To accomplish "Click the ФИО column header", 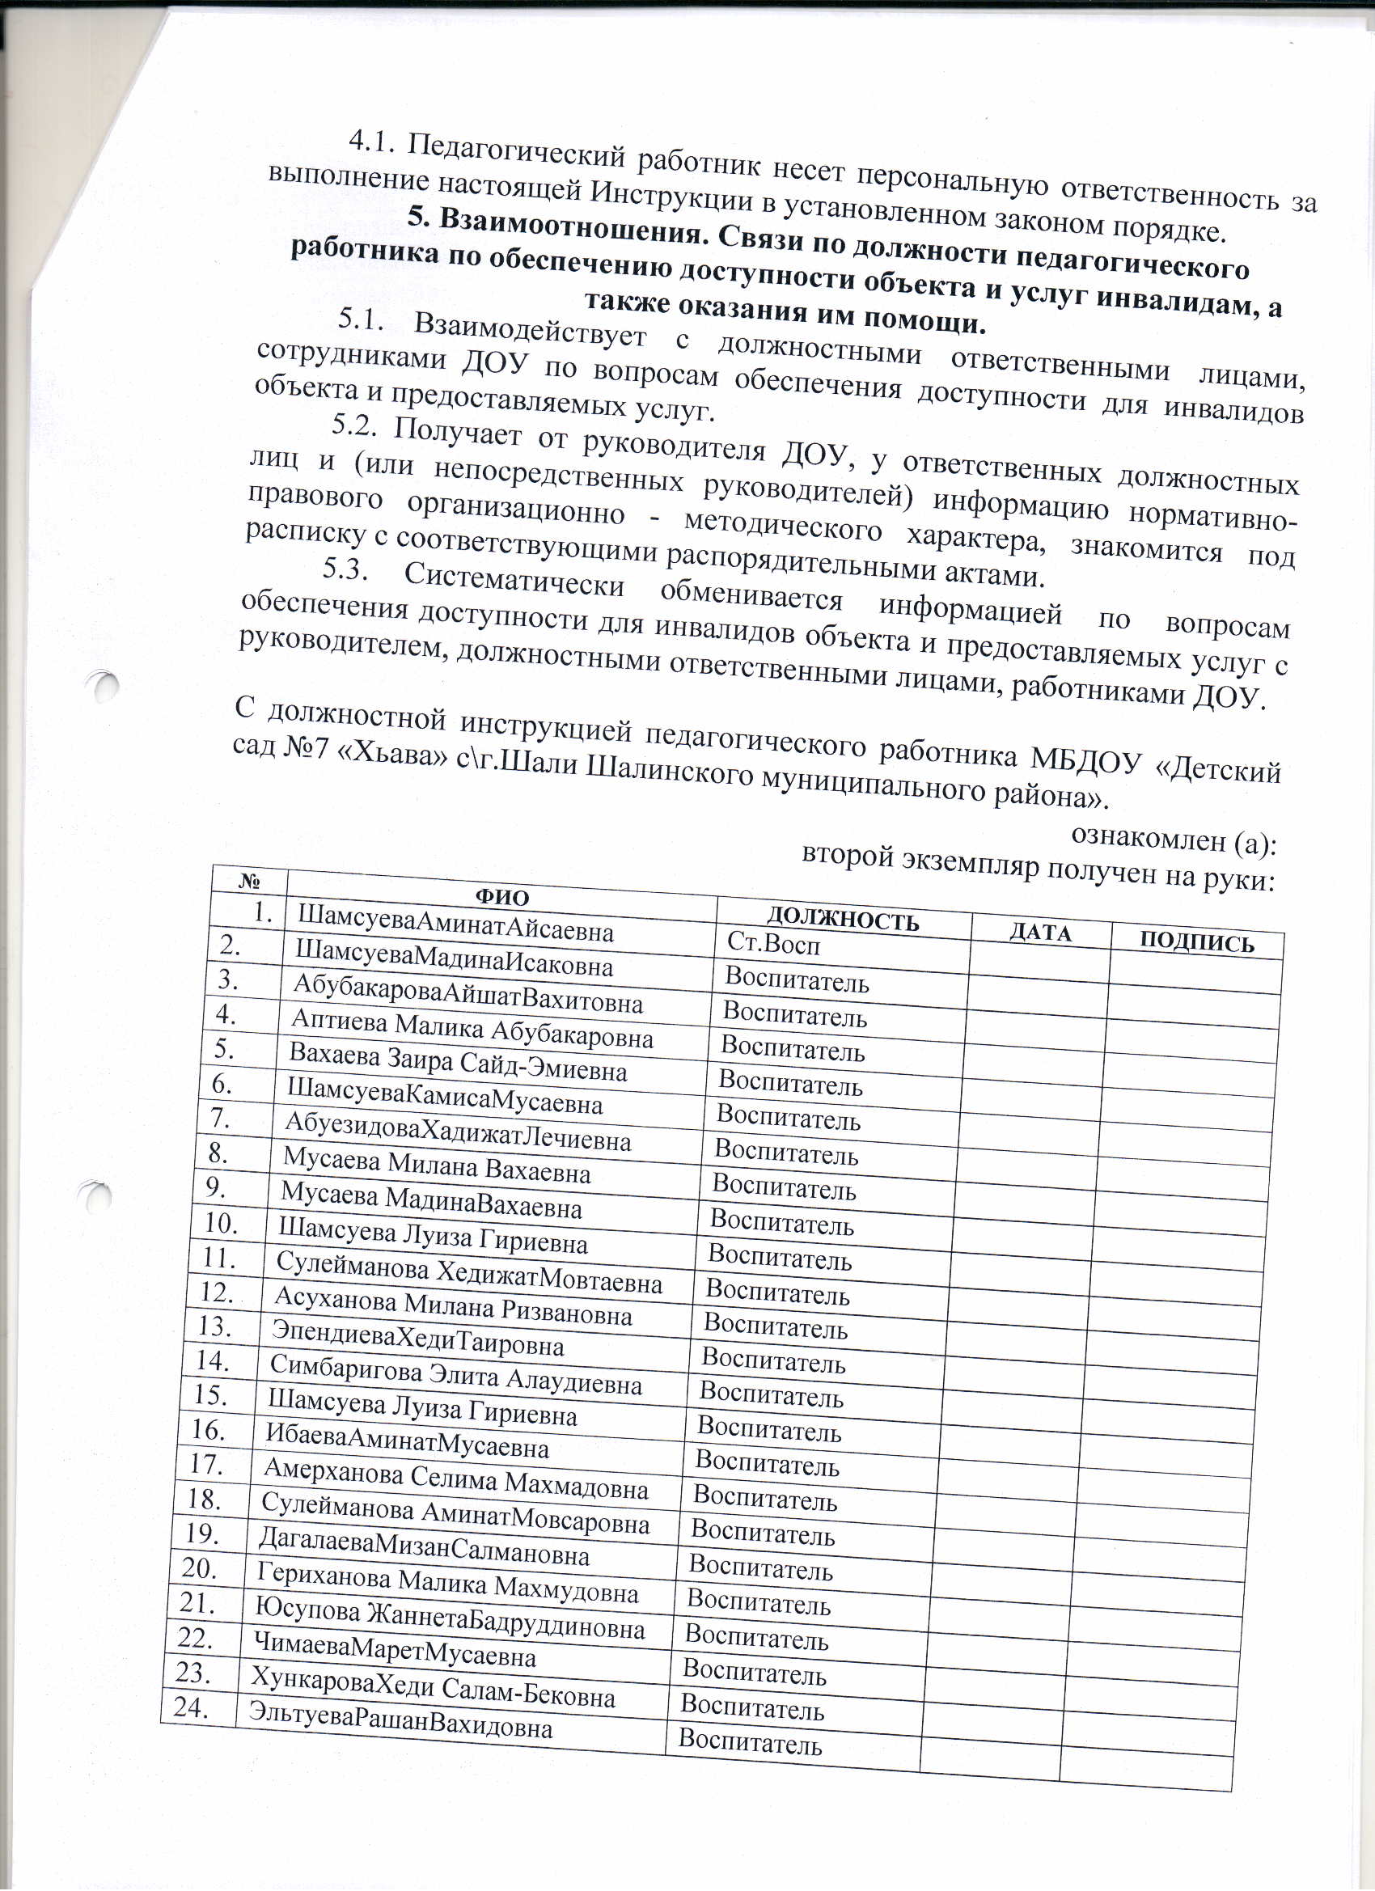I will [502, 897].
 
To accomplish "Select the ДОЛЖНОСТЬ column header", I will [842, 919].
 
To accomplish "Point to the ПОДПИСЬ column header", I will [1196, 941].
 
